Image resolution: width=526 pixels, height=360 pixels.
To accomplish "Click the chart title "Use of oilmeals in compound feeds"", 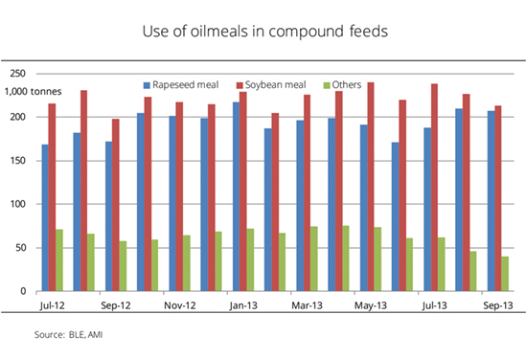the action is (265, 32).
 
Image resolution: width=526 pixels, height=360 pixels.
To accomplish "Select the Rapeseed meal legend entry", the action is (181, 85).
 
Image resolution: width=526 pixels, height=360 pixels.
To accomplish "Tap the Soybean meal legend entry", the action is (271, 85).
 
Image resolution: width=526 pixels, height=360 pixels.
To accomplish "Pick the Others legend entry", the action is (342, 85).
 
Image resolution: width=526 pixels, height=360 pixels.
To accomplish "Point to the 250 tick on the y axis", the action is (18, 73).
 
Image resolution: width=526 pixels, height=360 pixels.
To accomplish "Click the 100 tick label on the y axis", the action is (18, 204).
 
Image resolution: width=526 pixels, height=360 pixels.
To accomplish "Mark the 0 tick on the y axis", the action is (23, 291).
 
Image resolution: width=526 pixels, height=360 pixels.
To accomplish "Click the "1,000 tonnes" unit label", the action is (33, 92).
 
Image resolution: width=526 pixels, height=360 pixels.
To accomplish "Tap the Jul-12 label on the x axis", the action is (52, 305).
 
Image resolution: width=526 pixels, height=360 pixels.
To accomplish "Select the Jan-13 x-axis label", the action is (243, 305).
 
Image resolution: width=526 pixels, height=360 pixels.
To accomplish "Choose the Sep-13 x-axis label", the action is (498, 305).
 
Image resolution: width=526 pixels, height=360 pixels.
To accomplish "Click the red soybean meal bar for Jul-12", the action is (52, 197).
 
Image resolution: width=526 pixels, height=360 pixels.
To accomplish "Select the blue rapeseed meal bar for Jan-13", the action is (236, 196).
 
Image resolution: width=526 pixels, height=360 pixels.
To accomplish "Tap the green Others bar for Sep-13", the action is (505, 274).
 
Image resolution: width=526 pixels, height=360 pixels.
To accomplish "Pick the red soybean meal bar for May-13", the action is (371, 187).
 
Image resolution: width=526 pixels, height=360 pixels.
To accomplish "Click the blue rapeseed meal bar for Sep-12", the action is (108, 216).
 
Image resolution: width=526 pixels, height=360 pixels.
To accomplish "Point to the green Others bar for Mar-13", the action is (314, 259).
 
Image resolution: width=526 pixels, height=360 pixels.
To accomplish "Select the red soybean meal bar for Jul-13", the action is (434, 188).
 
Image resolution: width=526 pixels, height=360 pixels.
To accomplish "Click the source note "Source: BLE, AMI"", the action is (68, 334).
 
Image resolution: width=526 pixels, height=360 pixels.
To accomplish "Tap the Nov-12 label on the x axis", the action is (180, 305).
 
